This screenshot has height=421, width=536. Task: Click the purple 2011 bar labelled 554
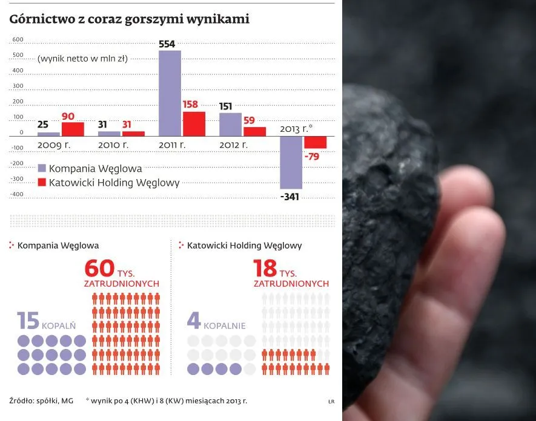coord(170,93)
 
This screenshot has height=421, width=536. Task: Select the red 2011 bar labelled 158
coord(194,123)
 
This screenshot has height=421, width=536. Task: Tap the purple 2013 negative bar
coord(291,162)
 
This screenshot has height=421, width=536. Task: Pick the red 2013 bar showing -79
coord(315,142)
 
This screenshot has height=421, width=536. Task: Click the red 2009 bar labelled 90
coord(73,129)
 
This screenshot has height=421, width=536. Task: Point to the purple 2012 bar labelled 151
coord(230,124)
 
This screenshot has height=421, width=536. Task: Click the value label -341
coord(291,196)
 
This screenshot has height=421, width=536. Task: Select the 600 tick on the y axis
coord(17,40)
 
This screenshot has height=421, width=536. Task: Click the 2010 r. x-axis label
coord(113,145)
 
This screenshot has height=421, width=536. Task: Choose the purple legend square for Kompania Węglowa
coord(42,168)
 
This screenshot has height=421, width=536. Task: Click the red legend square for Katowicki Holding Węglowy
coord(42,181)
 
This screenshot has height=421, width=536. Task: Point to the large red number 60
coord(99,268)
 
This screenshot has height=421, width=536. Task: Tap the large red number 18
coord(265,268)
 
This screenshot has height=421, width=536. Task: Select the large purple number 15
coord(28,321)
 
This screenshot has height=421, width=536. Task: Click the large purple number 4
coord(194,321)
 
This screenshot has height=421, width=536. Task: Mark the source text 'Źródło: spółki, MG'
coord(41,400)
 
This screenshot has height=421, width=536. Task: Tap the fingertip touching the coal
coord(466,188)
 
